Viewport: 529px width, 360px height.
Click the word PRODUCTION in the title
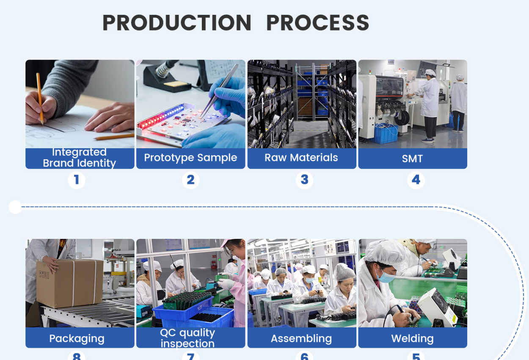(x=177, y=23)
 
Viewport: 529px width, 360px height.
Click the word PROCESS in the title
(x=317, y=23)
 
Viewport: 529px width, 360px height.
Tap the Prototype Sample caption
(x=190, y=158)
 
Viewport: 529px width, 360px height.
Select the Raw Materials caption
(x=301, y=158)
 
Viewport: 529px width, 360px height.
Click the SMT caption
(x=412, y=159)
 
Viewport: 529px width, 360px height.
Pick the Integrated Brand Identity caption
(x=80, y=158)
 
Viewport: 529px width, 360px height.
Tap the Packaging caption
(x=77, y=338)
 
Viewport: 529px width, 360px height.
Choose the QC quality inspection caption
(x=187, y=338)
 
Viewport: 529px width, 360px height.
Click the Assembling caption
(x=301, y=338)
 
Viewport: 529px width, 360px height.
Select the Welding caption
(x=412, y=338)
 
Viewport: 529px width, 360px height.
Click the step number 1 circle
(x=77, y=180)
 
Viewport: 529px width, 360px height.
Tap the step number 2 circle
(x=190, y=180)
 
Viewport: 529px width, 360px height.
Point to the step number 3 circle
(x=304, y=180)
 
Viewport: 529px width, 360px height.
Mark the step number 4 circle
(x=416, y=180)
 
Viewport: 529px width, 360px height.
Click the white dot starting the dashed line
(x=15, y=207)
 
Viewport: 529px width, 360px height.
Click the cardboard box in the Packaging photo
(x=70, y=283)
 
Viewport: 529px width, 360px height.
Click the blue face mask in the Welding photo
(x=386, y=277)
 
